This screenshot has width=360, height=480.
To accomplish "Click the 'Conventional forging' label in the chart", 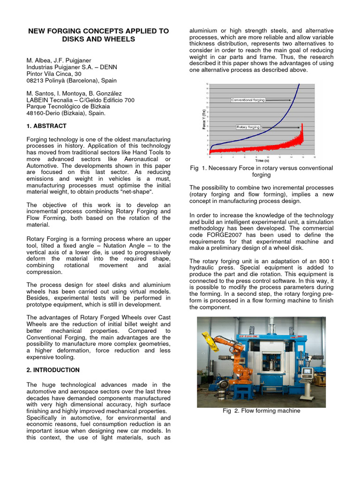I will [x=248, y=100].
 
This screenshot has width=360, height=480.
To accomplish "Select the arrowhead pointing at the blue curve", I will [x=291, y=100].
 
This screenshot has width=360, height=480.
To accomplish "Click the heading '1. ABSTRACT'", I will [x=46, y=126].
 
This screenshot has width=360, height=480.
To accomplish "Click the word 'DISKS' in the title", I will [x=74, y=39].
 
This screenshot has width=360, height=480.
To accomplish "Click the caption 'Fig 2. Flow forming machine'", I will [x=261, y=411].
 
